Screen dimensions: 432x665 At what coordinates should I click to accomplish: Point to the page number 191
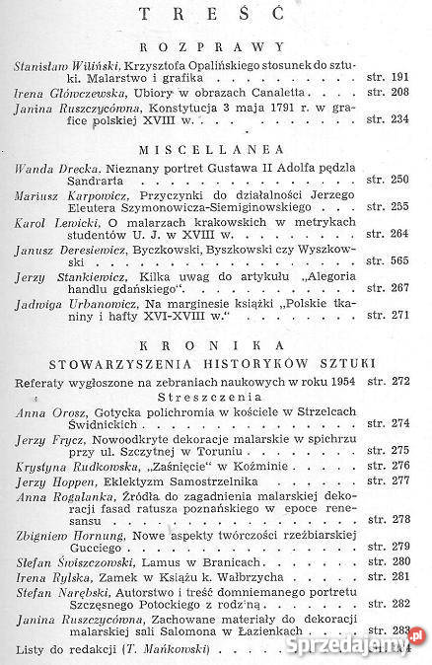tap(399, 77)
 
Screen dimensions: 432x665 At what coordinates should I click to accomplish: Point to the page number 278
tap(399, 518)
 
